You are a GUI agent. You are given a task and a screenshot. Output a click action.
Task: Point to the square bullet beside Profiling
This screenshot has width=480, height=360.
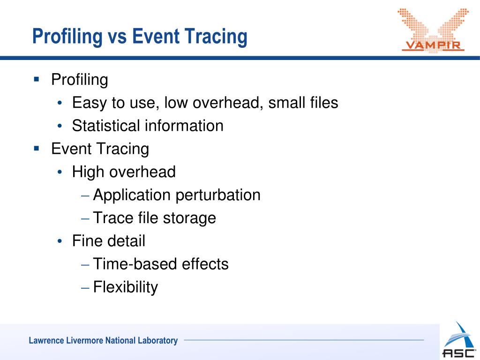tap(37, 79)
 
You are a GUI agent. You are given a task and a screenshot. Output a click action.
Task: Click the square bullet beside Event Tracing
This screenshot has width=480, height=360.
tap(37, 148)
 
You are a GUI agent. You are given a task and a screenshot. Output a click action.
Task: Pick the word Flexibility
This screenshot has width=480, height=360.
tap(126, 287)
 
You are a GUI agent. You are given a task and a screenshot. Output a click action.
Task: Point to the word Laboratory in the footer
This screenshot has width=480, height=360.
tap(157, 341)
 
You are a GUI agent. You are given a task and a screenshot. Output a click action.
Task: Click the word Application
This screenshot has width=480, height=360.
tap(132, 195)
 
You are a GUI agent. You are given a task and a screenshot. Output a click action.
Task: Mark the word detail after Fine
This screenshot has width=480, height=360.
tap(126, 241)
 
